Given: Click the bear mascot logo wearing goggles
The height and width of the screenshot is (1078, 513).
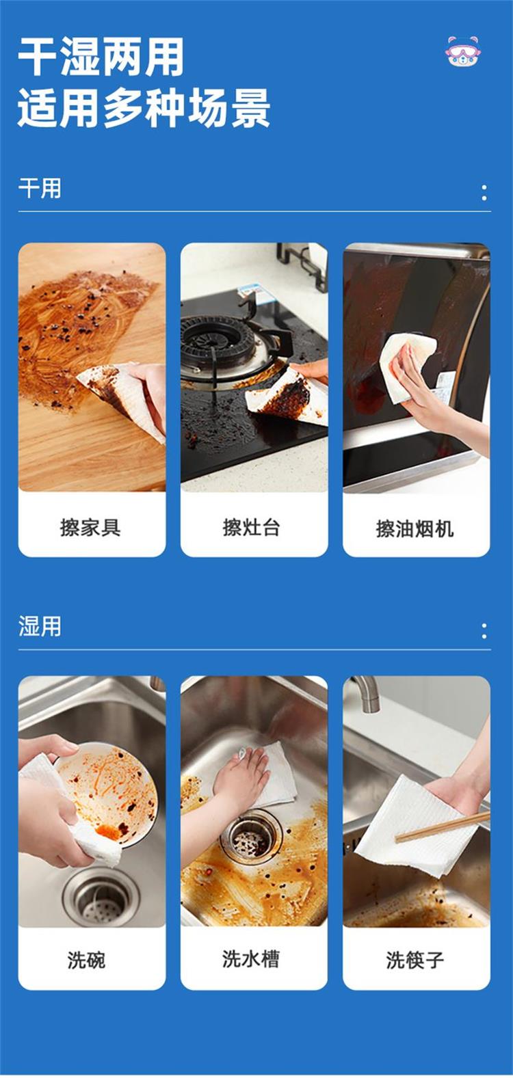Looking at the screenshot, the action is tap(462, 51).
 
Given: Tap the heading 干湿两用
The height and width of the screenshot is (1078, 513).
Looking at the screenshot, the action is tap(101, 57).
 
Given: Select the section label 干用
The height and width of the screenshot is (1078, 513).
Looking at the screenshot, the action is tap(40, 188).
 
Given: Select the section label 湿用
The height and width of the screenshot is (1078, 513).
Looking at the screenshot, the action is tap(40, 627).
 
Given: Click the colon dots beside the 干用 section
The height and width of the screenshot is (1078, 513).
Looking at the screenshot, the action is tap(484, 193).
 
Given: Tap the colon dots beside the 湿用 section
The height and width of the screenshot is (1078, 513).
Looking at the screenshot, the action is tap(484, 630).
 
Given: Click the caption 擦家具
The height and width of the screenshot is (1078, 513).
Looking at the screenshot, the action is tap(90, 528).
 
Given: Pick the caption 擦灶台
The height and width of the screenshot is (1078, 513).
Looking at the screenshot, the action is tap(251, 528).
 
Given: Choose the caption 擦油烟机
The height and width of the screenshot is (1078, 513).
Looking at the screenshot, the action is tap(415, 528).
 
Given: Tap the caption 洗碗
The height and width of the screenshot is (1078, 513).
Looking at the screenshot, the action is tap(87, 960).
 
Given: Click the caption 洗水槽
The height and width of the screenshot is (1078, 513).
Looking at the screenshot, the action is tap(250, 958).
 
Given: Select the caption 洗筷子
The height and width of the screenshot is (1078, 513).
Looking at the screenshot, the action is tap(415, 960).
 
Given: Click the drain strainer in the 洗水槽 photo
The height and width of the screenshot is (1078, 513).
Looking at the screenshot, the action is tap(250, 838).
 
